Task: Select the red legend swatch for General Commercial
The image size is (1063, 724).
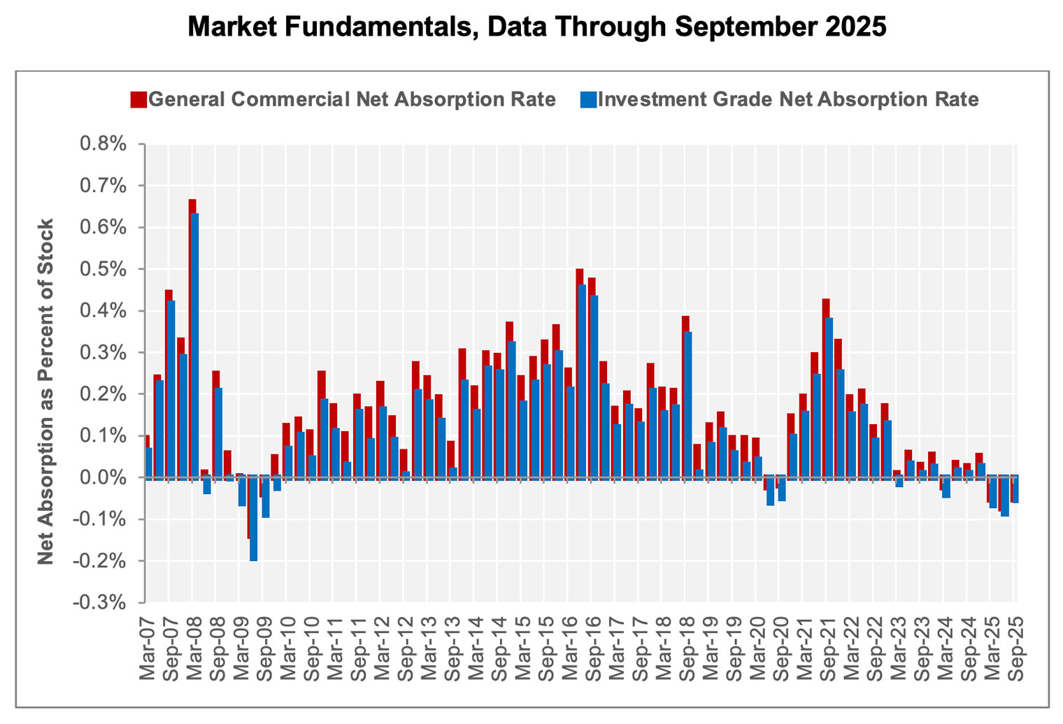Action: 138,99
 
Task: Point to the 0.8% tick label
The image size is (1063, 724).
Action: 103,144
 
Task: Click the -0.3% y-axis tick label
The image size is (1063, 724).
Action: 101,602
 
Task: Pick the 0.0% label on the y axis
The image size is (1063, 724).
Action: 103,478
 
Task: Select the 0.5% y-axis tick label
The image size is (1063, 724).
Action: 103,269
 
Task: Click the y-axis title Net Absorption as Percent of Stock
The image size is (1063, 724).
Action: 45,391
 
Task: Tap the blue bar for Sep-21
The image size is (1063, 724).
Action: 829,398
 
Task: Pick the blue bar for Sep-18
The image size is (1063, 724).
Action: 688,405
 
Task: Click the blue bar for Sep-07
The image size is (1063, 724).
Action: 171,388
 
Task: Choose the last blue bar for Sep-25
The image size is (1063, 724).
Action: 1015,490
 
